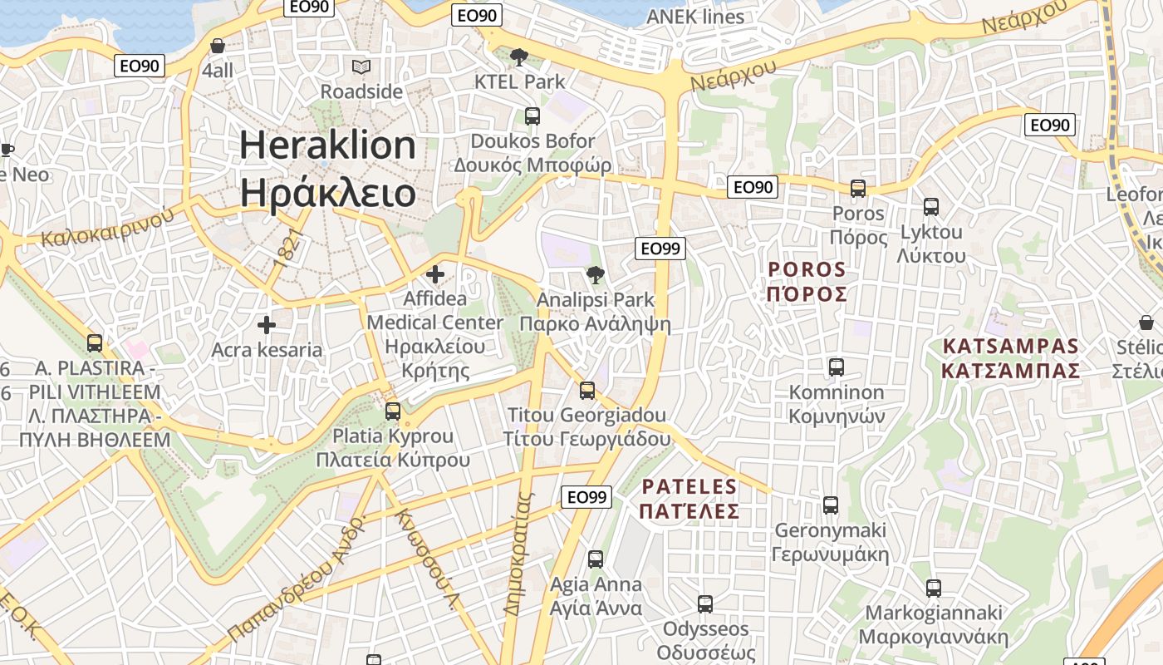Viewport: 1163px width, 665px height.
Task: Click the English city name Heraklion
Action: [327, 145]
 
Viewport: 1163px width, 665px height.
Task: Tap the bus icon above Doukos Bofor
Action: [532, 116]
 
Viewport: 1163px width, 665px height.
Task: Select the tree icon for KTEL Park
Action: [519, 57]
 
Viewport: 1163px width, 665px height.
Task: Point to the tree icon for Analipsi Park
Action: [595, 274]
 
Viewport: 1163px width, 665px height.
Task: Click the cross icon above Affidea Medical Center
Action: [434, 273]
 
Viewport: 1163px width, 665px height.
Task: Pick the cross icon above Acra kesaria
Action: [266, 325]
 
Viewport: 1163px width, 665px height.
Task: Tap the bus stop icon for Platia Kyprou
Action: [393, 411]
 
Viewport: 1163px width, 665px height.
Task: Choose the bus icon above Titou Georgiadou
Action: [587, 390]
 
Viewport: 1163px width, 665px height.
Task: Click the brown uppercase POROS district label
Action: [807, 269]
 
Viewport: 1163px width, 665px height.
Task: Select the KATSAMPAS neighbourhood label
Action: [1010, 347]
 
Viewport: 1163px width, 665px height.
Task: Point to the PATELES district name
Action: [689, 487]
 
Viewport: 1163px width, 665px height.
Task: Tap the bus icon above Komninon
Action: [837, 367]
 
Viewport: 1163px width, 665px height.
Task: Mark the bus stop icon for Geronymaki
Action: [830, 505]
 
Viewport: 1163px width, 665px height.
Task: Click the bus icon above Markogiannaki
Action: [933, 589]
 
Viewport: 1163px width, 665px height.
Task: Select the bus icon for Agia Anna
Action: [596, 559]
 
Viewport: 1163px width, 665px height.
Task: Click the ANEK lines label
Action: [695, 17]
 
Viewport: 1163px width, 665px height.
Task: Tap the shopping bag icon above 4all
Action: [218, 46]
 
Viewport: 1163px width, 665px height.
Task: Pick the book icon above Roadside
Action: [361, 66]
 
